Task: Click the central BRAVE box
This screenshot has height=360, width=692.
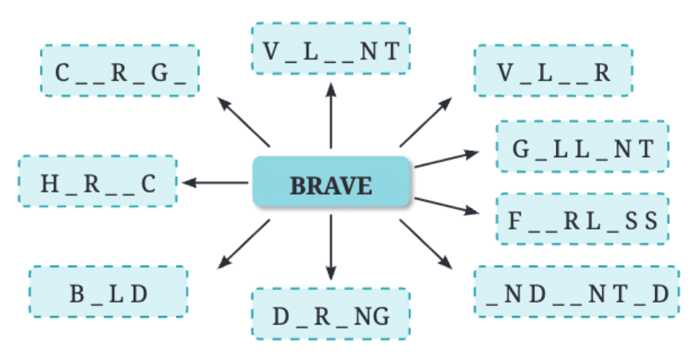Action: click(331, 186)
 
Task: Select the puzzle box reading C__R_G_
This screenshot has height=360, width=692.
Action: click(120, 72)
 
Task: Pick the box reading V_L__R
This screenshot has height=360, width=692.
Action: click(553, 72)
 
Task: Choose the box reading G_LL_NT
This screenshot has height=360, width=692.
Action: click(582, 147)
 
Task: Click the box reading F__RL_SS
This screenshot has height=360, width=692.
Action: click(582, 219)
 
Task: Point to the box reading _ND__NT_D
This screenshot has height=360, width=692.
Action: click(577, 292)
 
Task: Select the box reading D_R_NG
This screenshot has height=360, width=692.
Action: click(331, 316)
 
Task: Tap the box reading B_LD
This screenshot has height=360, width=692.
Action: click(109, 293)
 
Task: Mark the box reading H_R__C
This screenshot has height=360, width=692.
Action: click(98, 183)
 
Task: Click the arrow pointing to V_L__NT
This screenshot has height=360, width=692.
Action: click(331, 118)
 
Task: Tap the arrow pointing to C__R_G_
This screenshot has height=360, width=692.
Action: click(243, 121)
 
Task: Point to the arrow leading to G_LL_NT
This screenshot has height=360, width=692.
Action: click(446, 159)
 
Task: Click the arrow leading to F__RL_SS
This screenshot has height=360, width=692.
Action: click(446, 206)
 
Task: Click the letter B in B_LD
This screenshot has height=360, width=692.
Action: click(77, 294)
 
